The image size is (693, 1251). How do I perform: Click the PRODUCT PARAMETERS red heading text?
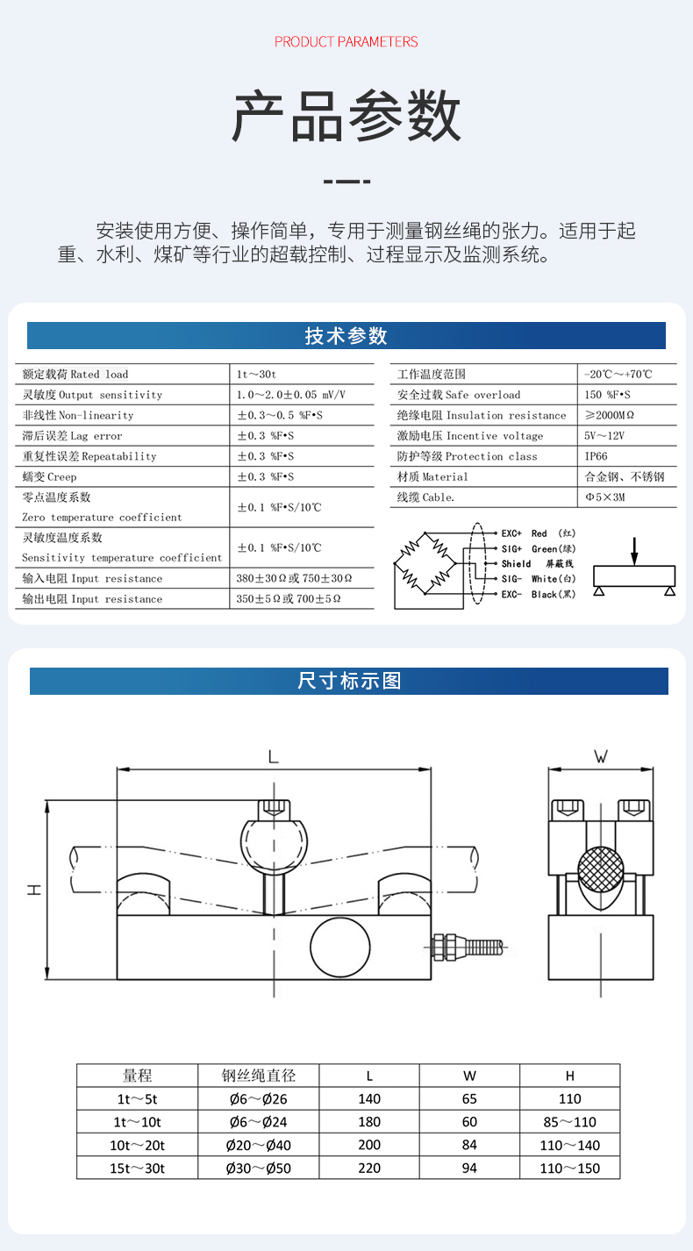[x=346, y=41]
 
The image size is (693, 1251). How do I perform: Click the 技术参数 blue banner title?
[x=346, y=336]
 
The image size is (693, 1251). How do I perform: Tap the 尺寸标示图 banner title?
[x=349, y=681]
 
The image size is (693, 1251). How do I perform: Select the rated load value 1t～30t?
[x=256, y=375]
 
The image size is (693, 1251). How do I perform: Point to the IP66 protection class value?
[x=596, y=456]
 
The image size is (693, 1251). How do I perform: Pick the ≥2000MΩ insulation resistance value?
[x=609, y=415]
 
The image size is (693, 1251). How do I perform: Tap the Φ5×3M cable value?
[x=604, y=497]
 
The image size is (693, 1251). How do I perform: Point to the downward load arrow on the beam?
[x=634, y=550]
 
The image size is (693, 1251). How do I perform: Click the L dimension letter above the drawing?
[x=273, y=756]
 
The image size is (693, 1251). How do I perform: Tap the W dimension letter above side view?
[x=601, y=756]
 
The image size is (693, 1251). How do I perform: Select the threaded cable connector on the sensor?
[x=466, y=946]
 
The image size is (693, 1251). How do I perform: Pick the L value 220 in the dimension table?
[x=369, y=1168]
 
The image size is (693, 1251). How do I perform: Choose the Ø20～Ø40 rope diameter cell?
[x=258, y=1145]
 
